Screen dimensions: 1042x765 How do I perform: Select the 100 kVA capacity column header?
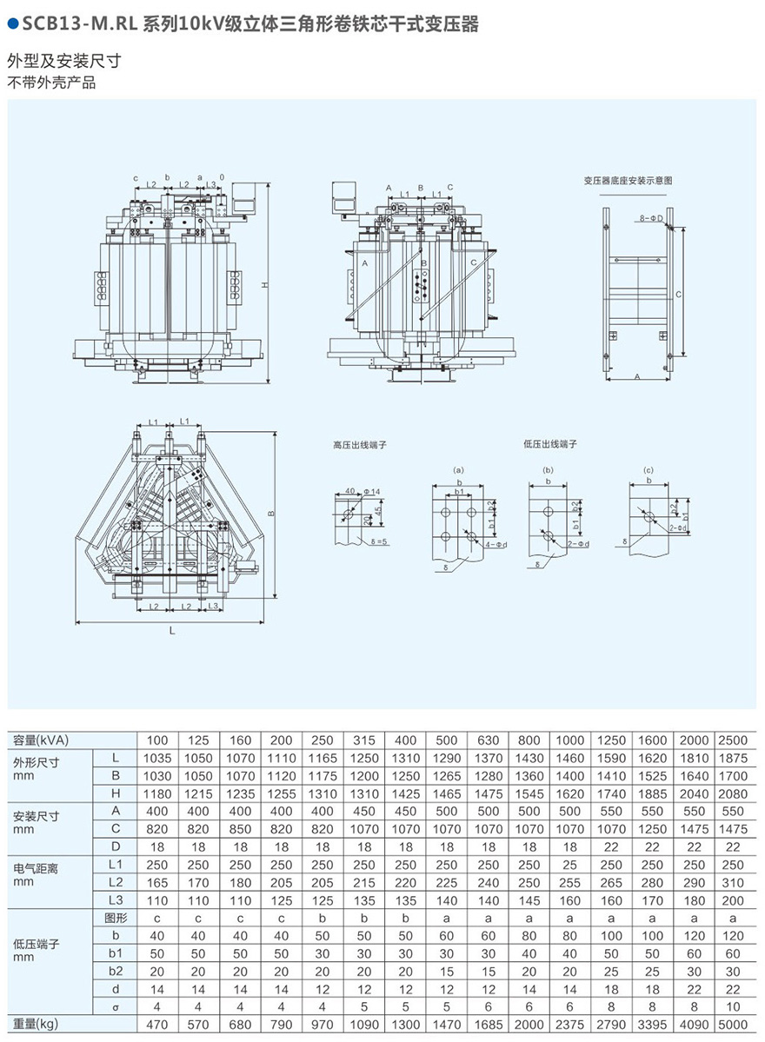(x=157, y=740)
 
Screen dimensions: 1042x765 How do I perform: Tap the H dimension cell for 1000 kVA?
(x=570, y=793)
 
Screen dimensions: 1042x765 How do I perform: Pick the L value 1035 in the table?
(x=157, y=758)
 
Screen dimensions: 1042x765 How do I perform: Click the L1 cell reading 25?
(x=570, y=865)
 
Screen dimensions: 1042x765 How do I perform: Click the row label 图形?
(x=115, y=918)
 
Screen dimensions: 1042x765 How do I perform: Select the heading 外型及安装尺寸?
(x=63, y=61)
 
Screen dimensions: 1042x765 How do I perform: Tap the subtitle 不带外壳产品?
(x=51, y=83)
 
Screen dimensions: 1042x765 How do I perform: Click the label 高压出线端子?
(x=359, y=444)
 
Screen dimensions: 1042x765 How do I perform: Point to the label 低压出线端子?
(x=550, y=444)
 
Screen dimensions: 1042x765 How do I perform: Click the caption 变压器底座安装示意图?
(x=628, y=181)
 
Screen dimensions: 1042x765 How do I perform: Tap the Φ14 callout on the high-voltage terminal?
(x=374, y=492)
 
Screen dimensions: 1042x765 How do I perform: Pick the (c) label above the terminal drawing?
(x=648, y=470)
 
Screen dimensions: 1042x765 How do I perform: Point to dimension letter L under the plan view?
(x=172, y=632)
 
